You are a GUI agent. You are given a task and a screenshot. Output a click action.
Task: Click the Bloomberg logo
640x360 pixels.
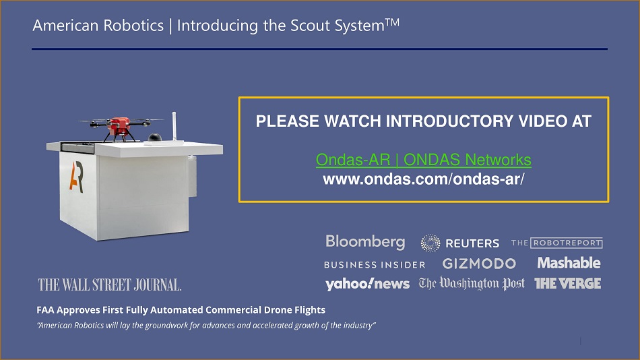coord(365,242)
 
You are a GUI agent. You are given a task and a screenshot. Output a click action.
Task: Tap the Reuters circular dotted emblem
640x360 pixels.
coord(430,243)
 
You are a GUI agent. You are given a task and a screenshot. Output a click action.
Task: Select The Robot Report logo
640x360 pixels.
coord(556,243)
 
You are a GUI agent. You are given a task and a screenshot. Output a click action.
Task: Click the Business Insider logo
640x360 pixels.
coord(375,265)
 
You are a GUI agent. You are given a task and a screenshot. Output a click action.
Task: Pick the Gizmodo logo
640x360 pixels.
coord(479,264)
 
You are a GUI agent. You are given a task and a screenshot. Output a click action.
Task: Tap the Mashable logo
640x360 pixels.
coord(569,263)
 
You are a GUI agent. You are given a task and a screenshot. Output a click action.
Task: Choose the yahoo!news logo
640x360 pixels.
coord(367,284)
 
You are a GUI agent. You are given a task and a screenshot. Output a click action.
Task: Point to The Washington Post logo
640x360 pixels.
coord(472,283)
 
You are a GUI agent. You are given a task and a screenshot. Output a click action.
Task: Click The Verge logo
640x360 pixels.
coord(568,283)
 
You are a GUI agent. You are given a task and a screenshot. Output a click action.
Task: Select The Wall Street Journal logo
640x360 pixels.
coord(109,284)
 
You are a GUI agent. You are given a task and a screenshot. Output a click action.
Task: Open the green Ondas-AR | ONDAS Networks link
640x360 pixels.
coord(423,160)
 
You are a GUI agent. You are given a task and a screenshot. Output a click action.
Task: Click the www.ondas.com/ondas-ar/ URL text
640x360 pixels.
coord(423,179)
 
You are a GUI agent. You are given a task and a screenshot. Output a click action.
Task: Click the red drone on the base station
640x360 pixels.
coord(119,126)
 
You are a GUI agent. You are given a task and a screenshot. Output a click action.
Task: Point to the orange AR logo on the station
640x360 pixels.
coord(76,177)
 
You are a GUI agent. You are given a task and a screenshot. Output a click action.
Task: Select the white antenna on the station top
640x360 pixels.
coord(174,126)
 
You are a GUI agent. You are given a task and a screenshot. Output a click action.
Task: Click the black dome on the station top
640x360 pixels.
coord(155,138)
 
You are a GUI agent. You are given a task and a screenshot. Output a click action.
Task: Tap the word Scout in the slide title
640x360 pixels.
coord(310,26)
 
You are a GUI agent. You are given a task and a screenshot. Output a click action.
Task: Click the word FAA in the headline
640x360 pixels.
coord(45,309)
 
